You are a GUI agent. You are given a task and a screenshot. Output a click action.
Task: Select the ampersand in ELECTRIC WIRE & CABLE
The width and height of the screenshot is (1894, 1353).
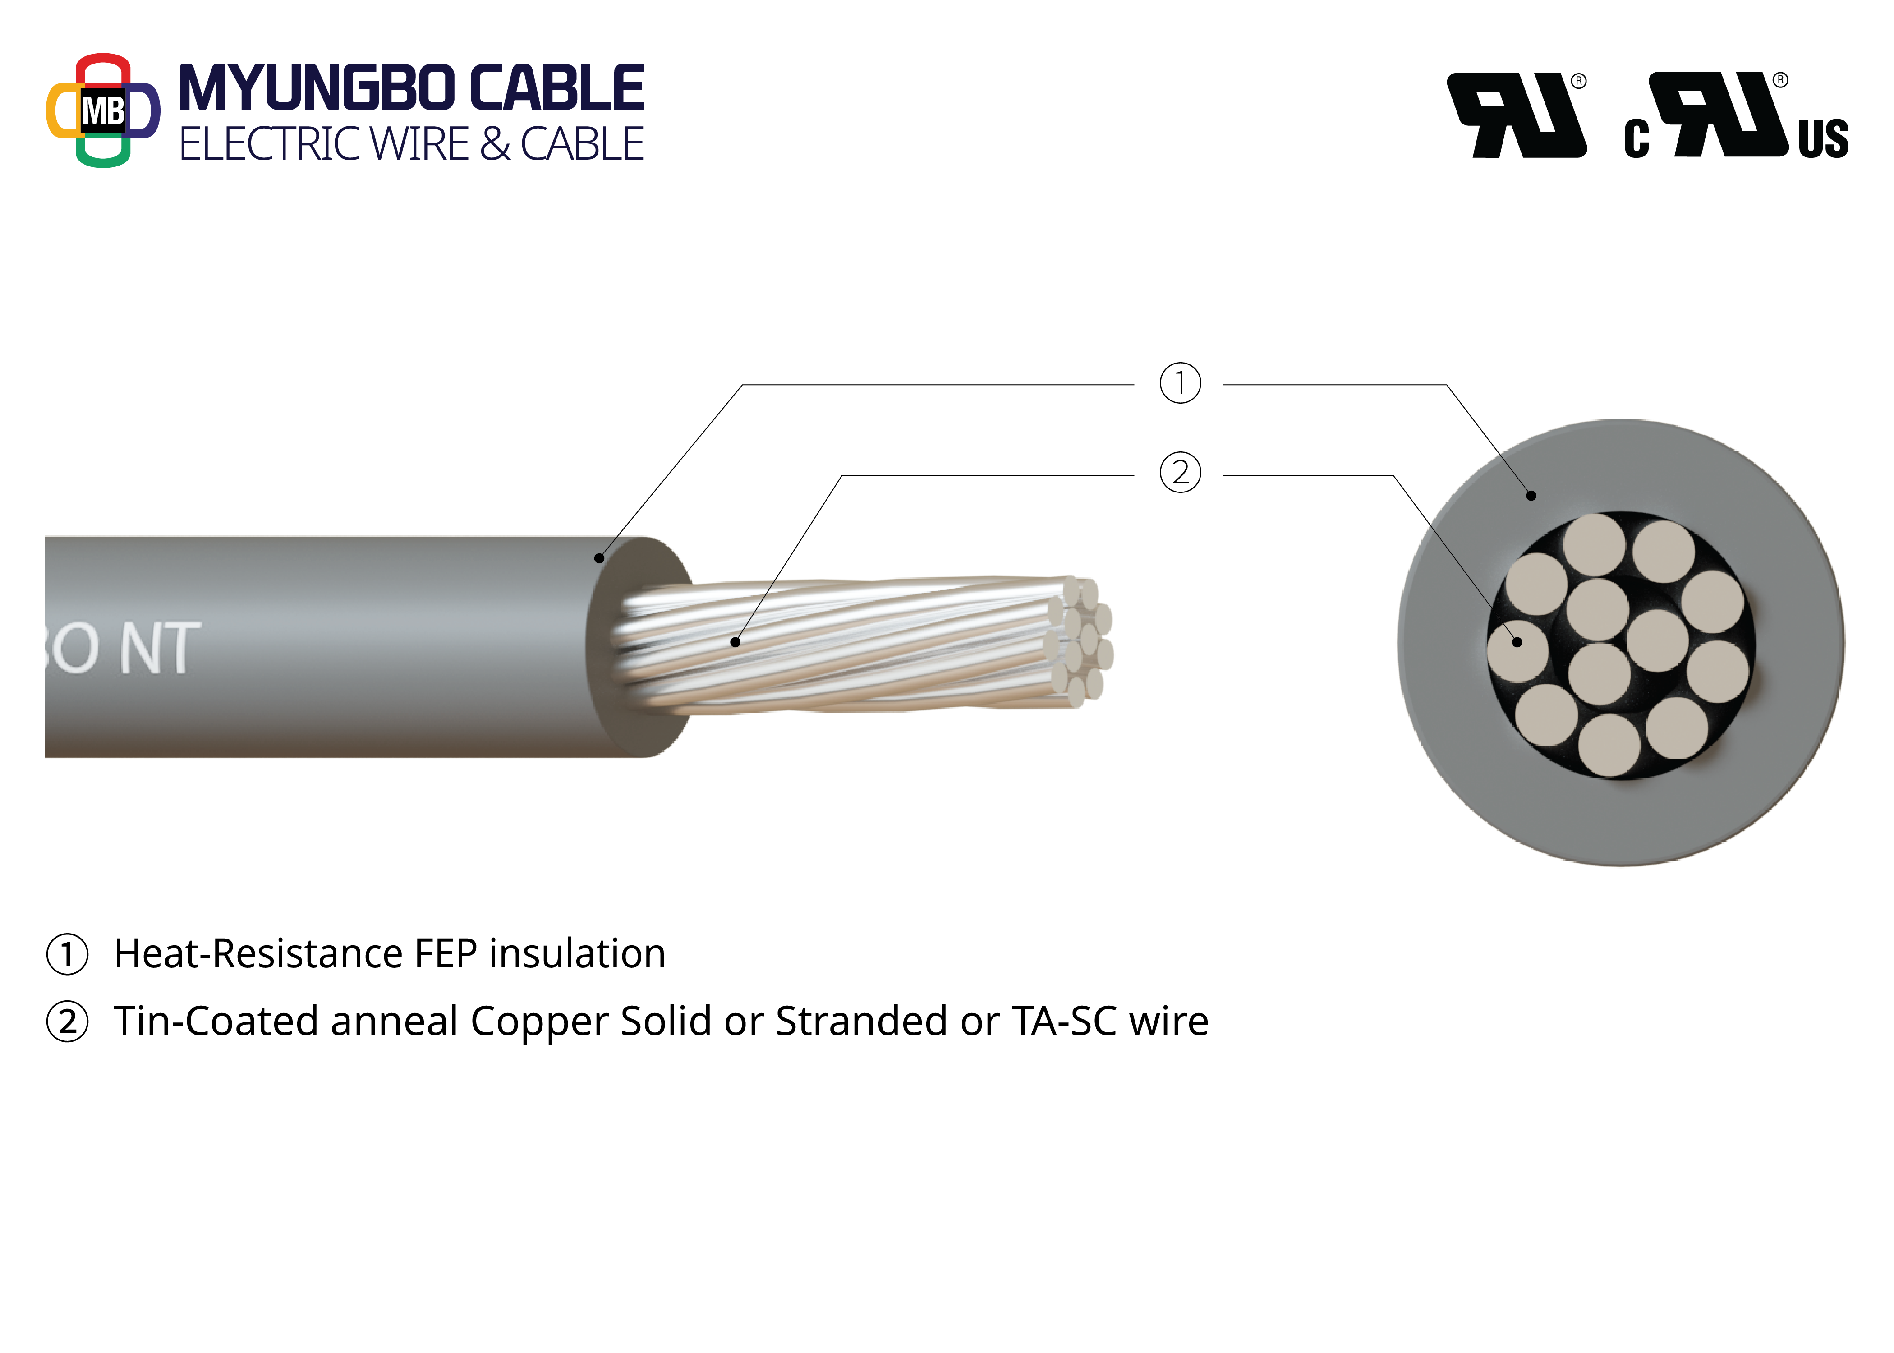coord(495,144)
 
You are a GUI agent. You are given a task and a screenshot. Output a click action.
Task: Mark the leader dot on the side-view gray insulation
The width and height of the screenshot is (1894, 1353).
coord(599,557)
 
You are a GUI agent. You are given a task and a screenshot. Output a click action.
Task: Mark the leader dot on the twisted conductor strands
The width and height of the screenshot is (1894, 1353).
coord(735,641)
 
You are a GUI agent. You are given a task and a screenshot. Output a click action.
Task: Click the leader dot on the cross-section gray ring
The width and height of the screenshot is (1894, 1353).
coord(1531,496)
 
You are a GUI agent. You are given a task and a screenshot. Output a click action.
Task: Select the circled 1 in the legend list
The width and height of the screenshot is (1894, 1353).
coord(68,954)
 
